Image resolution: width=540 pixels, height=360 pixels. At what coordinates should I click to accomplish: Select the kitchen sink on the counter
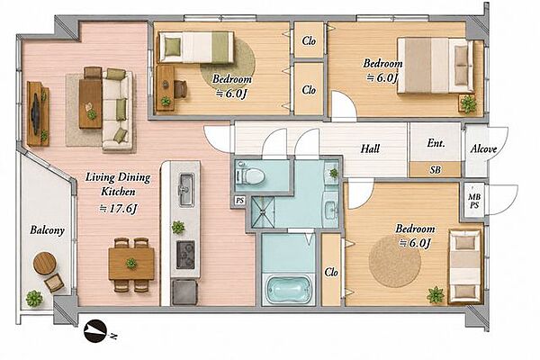pyautogui.click(x=186, y=190)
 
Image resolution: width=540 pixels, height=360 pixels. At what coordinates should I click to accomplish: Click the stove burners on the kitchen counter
pyautogui.click(x=185, y=255)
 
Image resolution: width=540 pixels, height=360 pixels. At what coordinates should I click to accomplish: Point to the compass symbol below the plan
pyautogui.click(x=95, y=331)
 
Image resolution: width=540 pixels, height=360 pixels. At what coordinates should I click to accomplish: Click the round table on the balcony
pyautogui.click(x=44, y=263)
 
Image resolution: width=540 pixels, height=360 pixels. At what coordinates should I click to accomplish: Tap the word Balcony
pyautogui.click(x=47, y=229)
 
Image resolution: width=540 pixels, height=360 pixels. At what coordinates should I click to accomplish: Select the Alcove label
pyautogui.click(x=483, y=148)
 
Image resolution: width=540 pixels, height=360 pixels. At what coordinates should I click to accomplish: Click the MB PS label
pyautogui.click(x=474, y=201)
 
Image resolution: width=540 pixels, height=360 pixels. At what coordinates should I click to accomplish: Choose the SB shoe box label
pyautogui.click(x=436, y=169)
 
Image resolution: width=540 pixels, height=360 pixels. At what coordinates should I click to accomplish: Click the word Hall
pyautogui.click(x=370, y=148)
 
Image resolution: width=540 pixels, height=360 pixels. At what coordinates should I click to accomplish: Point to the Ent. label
pyautogui.click(x=436, y=143)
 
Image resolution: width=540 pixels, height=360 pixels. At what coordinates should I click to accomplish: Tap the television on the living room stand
pyautogui.click(x=35, y=112)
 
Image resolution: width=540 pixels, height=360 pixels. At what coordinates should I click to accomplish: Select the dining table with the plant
pyautogui.click(x=131, y=264)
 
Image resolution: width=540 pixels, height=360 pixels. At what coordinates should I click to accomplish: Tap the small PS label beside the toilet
pyautogui.click(x=239, y=201)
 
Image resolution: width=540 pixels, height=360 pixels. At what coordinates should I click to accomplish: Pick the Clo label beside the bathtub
pyautogui.click(x=331, y=272)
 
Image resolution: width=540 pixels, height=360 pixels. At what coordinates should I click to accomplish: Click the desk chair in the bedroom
pyautogui.click(x=180, y=88)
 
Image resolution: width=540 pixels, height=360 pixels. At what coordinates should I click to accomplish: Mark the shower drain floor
pyautogui.click(x=263, y=211)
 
